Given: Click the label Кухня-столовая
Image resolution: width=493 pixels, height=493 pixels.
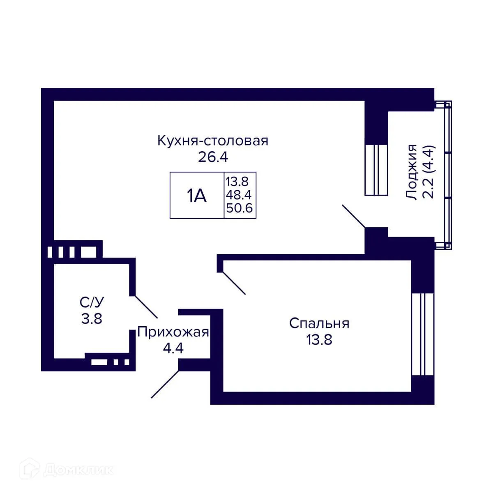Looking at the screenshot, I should [x=212, y=141].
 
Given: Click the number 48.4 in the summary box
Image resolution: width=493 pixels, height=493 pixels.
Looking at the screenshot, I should [x=240, y=195].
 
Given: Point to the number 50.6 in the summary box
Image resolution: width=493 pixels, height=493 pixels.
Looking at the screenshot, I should [x=240, y=209].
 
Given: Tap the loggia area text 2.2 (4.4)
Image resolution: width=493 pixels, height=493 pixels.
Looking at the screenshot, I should [x=429, y=172].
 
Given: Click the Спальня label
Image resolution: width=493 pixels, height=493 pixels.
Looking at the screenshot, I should [x=319, y=323].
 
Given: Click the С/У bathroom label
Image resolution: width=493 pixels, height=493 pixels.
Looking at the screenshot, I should [x=92, y=303].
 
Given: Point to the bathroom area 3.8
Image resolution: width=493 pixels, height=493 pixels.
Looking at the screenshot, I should [x=92, y=318].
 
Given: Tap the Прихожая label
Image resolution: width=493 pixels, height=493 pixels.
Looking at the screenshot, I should [x=173, y=332].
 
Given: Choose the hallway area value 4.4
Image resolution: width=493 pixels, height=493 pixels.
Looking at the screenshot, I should [x=173, y=348].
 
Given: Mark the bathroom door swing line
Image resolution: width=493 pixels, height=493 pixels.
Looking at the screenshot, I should [x=146, y=306].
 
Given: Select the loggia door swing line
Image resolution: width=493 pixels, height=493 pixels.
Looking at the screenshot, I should [x=353, y=217].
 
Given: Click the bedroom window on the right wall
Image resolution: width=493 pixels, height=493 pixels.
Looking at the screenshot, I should [x=423, y=334].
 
